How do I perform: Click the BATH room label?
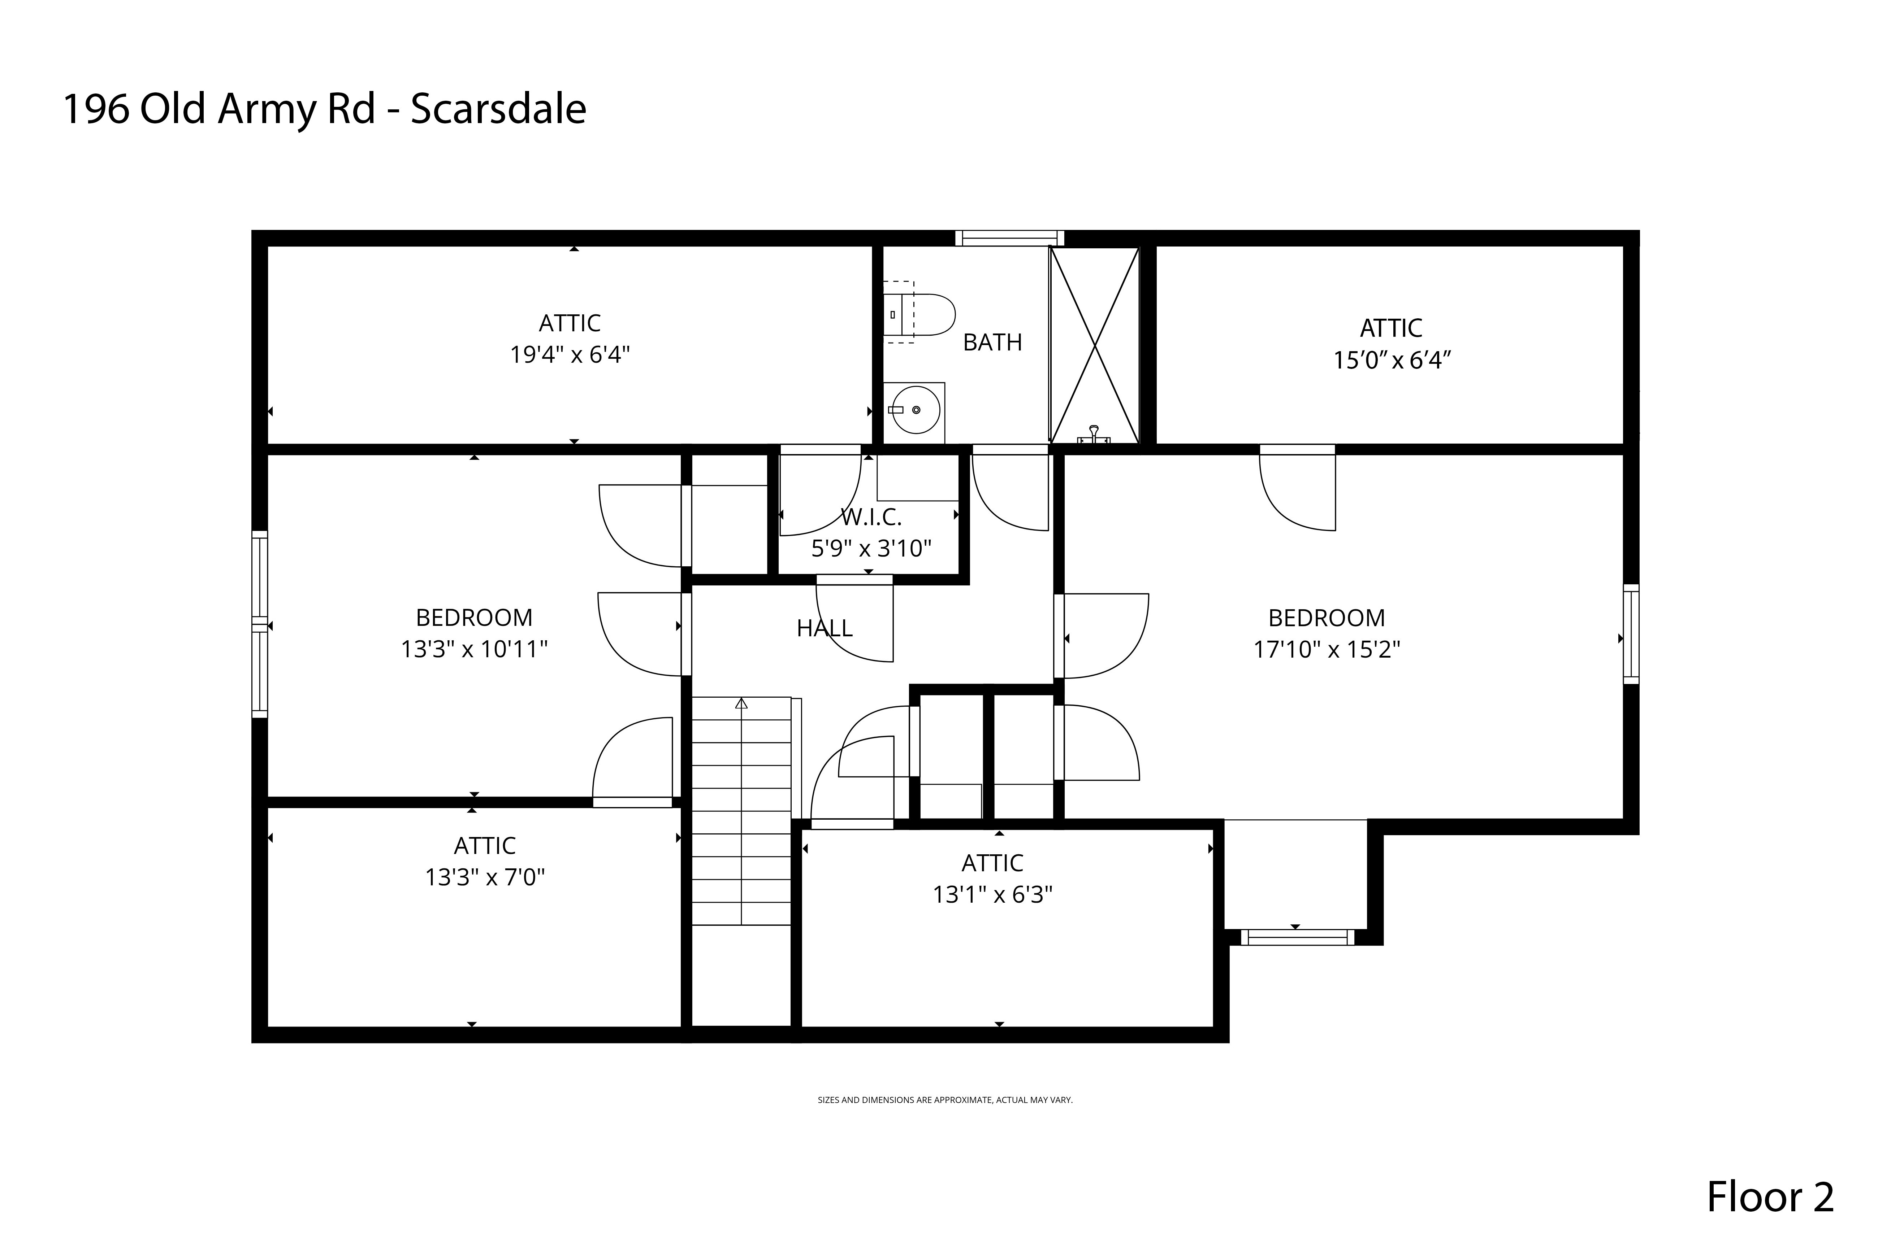(992, 342)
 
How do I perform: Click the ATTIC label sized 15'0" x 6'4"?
(1391, 328)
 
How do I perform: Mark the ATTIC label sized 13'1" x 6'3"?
(992, 863)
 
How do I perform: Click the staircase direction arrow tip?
(741, 703)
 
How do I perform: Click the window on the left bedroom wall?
(259, 624)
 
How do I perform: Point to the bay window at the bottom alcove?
(1297, 937)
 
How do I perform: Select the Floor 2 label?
(1770, 1196)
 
